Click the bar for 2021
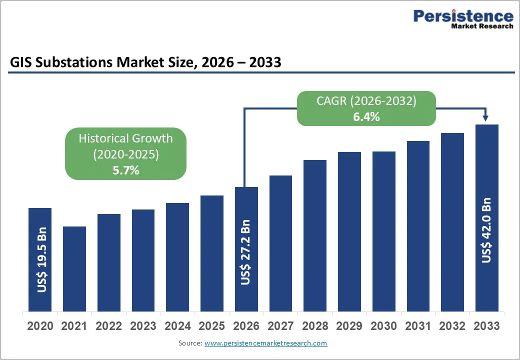pos(74,268)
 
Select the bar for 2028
pos(315,235)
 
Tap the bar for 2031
pos(418,225)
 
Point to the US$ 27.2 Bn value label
pos(245,252)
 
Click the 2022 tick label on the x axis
pos(108,326)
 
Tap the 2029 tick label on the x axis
pos(349,326)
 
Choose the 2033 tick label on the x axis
pos(486,326)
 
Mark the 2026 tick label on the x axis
pos(246,326)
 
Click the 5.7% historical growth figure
pos(125,170)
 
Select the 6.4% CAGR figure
pos(366,117)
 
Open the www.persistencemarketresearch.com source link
pos(265,343)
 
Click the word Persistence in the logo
pos(463,16)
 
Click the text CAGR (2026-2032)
pos(366,101)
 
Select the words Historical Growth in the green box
pos(125,138)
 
